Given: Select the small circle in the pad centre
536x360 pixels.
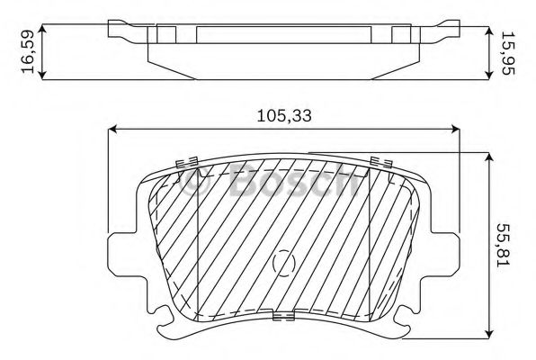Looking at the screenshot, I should click(x=283, y=262).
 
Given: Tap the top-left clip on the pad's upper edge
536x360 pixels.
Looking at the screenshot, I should click(x=188, y=163).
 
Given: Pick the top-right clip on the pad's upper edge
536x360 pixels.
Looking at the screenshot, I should click(x=380, y=161).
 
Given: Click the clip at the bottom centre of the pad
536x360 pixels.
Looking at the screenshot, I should click(x=283, y=316).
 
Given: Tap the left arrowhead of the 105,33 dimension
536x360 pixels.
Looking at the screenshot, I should click(x=112, y=130).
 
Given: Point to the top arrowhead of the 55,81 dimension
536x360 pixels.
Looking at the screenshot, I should click(x=487, y=157).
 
